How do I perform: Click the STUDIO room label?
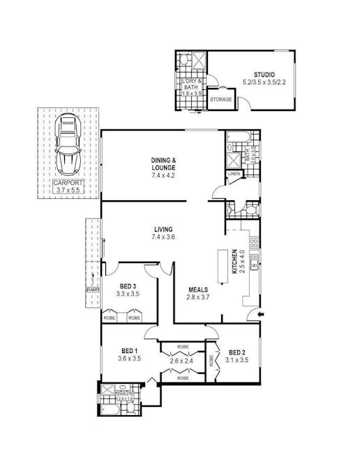coord(264,75)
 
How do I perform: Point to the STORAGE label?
coord(221,100)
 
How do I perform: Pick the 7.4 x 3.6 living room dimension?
coord(163,237)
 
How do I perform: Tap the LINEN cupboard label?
coord(233,174)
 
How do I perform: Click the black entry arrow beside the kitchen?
coord(261,315)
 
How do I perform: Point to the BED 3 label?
coord(128,286)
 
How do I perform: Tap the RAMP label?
coord(92,288)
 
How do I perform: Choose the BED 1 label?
coord(128,351)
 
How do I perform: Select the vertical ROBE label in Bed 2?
coord(211,361)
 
